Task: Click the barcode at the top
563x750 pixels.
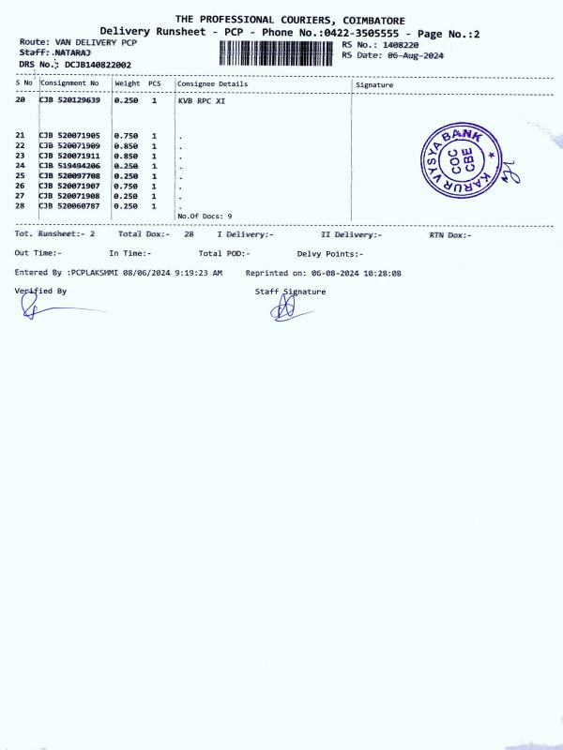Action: point(279,51)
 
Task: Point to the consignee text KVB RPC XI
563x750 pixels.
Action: point(202,99)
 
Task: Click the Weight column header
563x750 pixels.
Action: point(127,83)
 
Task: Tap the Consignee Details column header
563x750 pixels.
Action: point(212,83)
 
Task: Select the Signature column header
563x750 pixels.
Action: point(375,84)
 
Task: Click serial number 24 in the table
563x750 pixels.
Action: point(21,165)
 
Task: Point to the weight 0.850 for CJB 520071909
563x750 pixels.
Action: point(126,145)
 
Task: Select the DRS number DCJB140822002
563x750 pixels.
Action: point(98,65)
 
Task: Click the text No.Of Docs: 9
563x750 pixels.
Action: point(205,216)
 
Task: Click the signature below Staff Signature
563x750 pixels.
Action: point(286,309)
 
